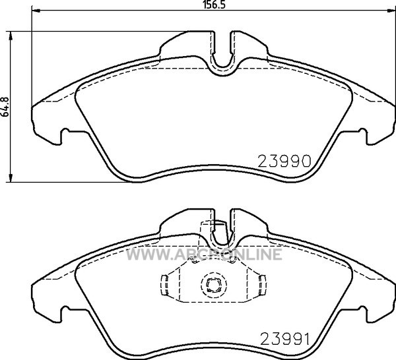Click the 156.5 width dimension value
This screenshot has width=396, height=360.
pos(214,5)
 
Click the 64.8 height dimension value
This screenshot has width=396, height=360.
pos(5,107)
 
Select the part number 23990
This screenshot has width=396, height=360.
pos(284,162)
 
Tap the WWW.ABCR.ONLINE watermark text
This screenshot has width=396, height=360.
pos(204,254)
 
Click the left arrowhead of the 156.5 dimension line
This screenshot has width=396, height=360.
pos(36,11)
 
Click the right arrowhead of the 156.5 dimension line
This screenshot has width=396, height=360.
pos(391,11)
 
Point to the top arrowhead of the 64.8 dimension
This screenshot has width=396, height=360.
pos(11,36)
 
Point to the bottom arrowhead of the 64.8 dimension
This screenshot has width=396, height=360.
pos(11,177)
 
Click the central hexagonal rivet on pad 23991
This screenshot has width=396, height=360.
pos(214,285)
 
